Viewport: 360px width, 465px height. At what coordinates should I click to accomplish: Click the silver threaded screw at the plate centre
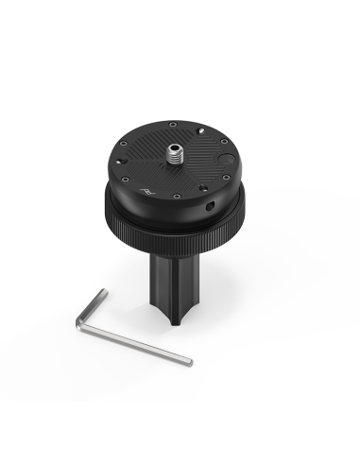click(x=176, y=151)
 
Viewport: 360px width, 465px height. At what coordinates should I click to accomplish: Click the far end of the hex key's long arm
click(x=189, y=362)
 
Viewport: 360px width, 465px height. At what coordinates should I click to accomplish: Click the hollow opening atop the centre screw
click(x=176, y=145)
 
